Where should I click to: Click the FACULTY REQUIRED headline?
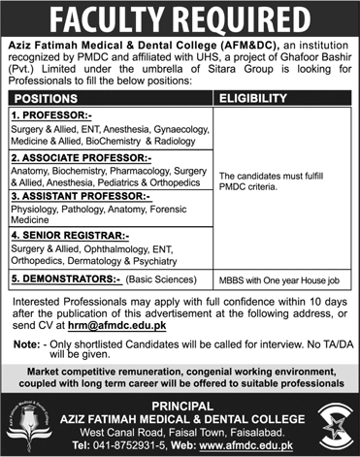click(x=180, y=16)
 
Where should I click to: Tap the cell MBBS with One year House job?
click(x=279, y=279)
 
